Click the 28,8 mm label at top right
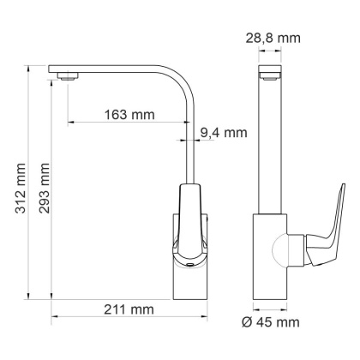tap(281, 39)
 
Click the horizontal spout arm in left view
tap(111, 69)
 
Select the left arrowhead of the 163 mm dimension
tap(69, 122)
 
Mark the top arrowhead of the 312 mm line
tap(28, 66)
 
